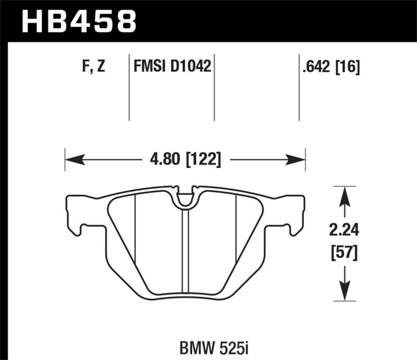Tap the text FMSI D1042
pyautogui.click(x=171, y=66)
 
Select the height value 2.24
pyautogui.click(x=343, y=229)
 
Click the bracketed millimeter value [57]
pyautogui.click(x=343, y=254)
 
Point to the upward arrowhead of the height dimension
pyautogui.click(x=343, y=193)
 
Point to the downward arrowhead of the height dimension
pyautogui.click(x=343, y=293)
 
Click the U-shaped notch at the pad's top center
pyautogui.click(x=185, y=197)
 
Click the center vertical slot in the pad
pyautogui.click(x=185, y=250)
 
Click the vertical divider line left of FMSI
pyautogui.click(x=129, y=86)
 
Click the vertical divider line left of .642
pyautogui.click(x=299, y=86)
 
